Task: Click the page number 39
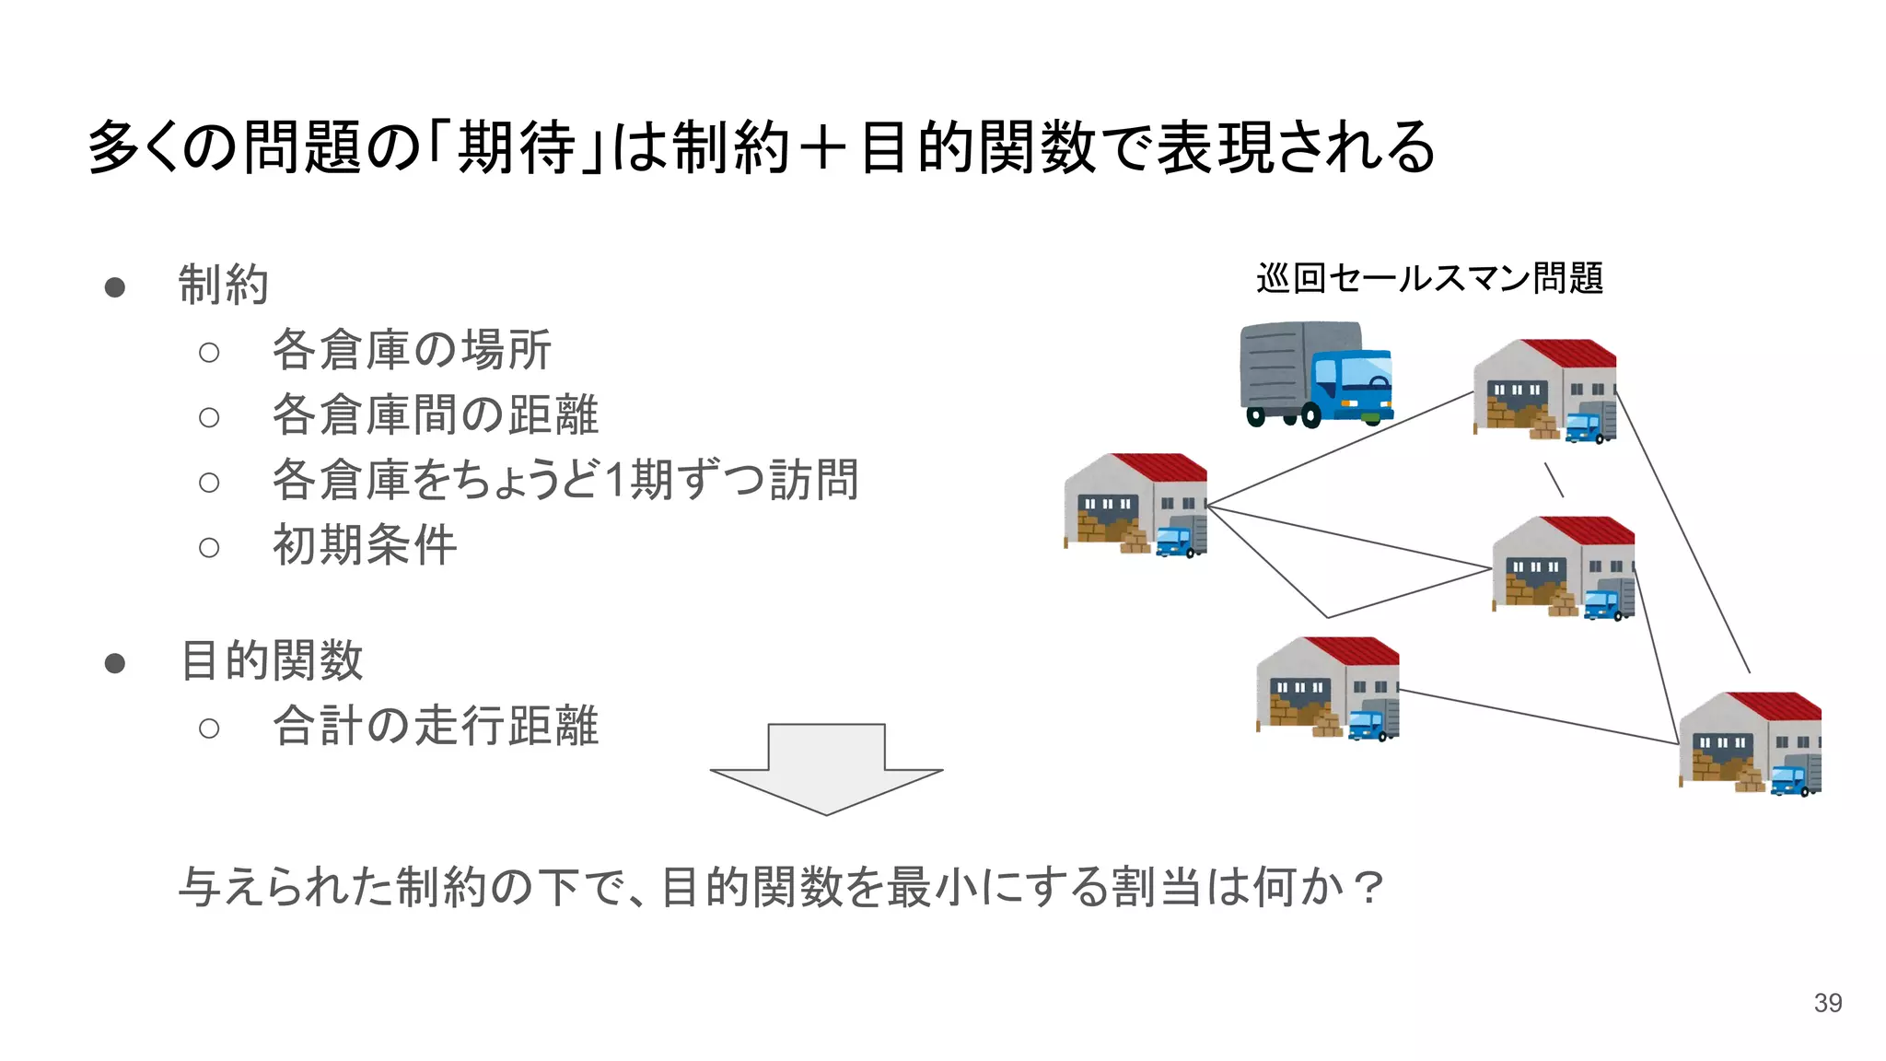1827,1003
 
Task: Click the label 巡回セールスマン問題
1429,278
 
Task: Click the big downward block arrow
826,768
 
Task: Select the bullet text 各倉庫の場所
412,350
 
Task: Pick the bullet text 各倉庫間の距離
435,414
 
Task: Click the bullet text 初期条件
365,545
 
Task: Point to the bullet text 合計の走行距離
436,726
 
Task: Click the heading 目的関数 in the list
273,661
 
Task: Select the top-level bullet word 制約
223,285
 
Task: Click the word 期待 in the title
516,147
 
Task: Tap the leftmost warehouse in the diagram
1135,505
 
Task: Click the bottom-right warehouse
1750,743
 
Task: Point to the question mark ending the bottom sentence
1369,888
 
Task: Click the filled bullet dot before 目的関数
115,663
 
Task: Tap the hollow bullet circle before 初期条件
209,548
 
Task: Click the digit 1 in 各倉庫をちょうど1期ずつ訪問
615,480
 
